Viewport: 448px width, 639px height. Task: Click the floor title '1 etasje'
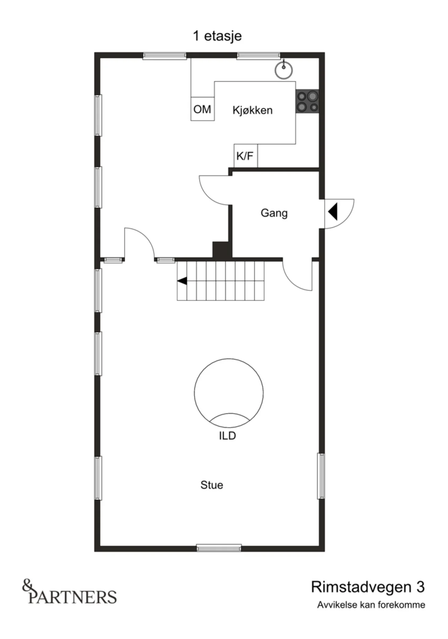pyautogui.click(x=217, y=36)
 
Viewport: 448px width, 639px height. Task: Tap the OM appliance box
pyautogui.click(x=202, y=109)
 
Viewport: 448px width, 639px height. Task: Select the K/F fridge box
pyautogui.click(x=246, y=155)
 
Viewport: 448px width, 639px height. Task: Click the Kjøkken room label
pyautogui.click(x=252, y=110)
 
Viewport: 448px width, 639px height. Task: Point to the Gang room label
pyautogui.click(x=274, y=213)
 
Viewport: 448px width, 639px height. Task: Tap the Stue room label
pyautogui.click(x=212, y=485)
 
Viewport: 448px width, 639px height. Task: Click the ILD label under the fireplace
pyautogui.click(x=227, y=436)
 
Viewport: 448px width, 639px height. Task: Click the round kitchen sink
pyautogui.click(x=284, y=70)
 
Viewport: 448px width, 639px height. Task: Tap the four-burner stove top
pyautogui.click(x=307, y=101)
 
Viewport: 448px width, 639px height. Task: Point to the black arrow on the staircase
pyautogui.click(x=182, y=281)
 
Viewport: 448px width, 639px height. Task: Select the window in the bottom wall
pyautogui.click(x=219, y=548)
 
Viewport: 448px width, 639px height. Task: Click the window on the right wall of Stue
pyautogui.click(x=321, y=476)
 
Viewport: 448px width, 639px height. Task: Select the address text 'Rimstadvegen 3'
pyautogui.click(x=368, y=587)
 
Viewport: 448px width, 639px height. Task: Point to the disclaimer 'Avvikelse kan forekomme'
pyautogui.click(x=371, y=605)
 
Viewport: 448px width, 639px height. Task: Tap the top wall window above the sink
pyautogui.click(x=258, y=55)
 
